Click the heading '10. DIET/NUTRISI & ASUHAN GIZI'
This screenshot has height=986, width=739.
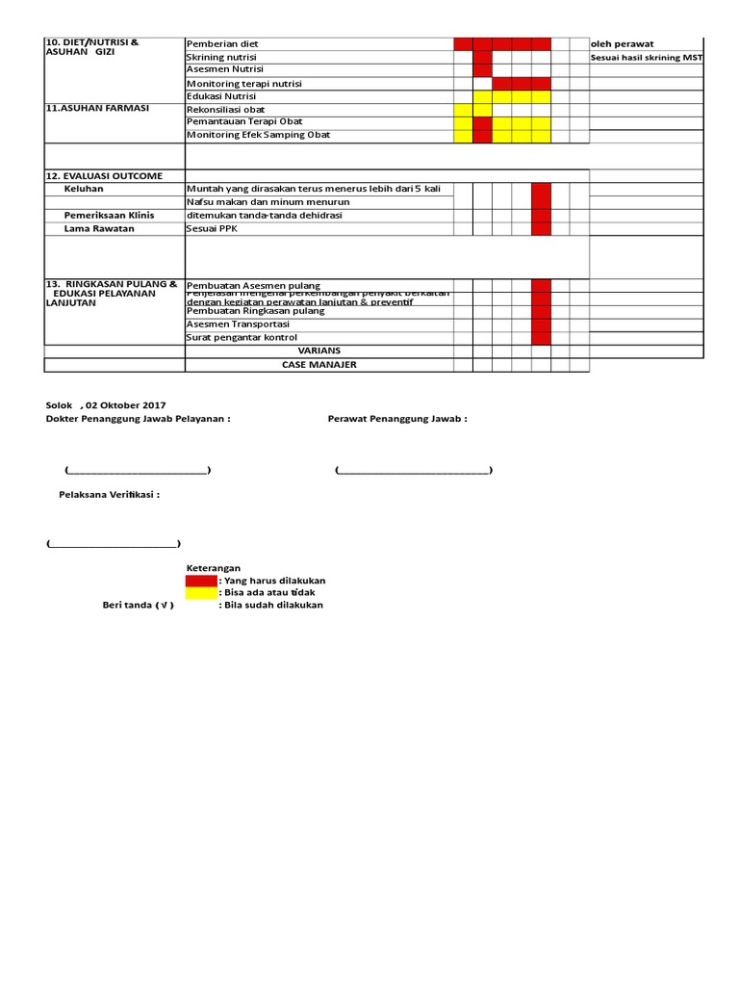pos(92,49)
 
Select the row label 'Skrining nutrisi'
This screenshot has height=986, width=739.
pos(221,58)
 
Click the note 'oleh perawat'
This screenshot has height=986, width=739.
pos(622,44)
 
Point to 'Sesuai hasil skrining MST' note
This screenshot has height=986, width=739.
pos(647,58)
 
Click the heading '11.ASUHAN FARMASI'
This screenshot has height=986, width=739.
pos(97,109)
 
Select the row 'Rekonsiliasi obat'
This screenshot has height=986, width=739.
pos(225,110)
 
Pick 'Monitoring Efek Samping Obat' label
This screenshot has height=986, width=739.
pos(258,135)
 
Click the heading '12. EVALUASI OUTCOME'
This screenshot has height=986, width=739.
pos(104,176)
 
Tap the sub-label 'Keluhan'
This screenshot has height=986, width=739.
pos(84,189)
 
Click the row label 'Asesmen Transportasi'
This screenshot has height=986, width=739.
pos(238,324)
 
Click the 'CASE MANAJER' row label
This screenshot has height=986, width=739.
pos(319,365)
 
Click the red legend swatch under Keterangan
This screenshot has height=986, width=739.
pos(201,581)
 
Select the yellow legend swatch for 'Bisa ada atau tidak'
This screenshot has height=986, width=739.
pos(201,593)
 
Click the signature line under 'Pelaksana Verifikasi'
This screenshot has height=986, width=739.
pos(113,544)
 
